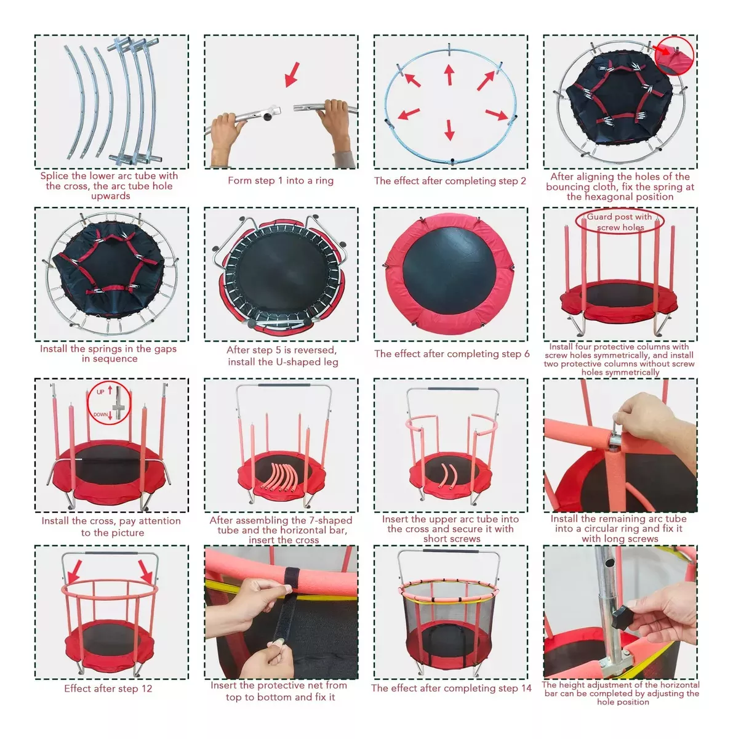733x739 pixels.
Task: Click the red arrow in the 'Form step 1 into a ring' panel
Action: tap(292, 75)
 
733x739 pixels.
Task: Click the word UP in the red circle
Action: tap(100, 392)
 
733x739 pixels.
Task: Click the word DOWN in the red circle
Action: tap(100, 414)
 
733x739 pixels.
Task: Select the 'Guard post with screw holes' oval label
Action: tap(620, 222)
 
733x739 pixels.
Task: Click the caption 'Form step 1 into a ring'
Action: tap(281, 180)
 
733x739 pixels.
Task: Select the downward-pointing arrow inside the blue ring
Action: tap(449, 130)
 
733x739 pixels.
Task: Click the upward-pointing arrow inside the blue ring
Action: tap(449, 75)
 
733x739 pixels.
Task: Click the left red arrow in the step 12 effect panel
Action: tap(74, 571)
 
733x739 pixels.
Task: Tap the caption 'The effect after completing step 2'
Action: tap(450, 181)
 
